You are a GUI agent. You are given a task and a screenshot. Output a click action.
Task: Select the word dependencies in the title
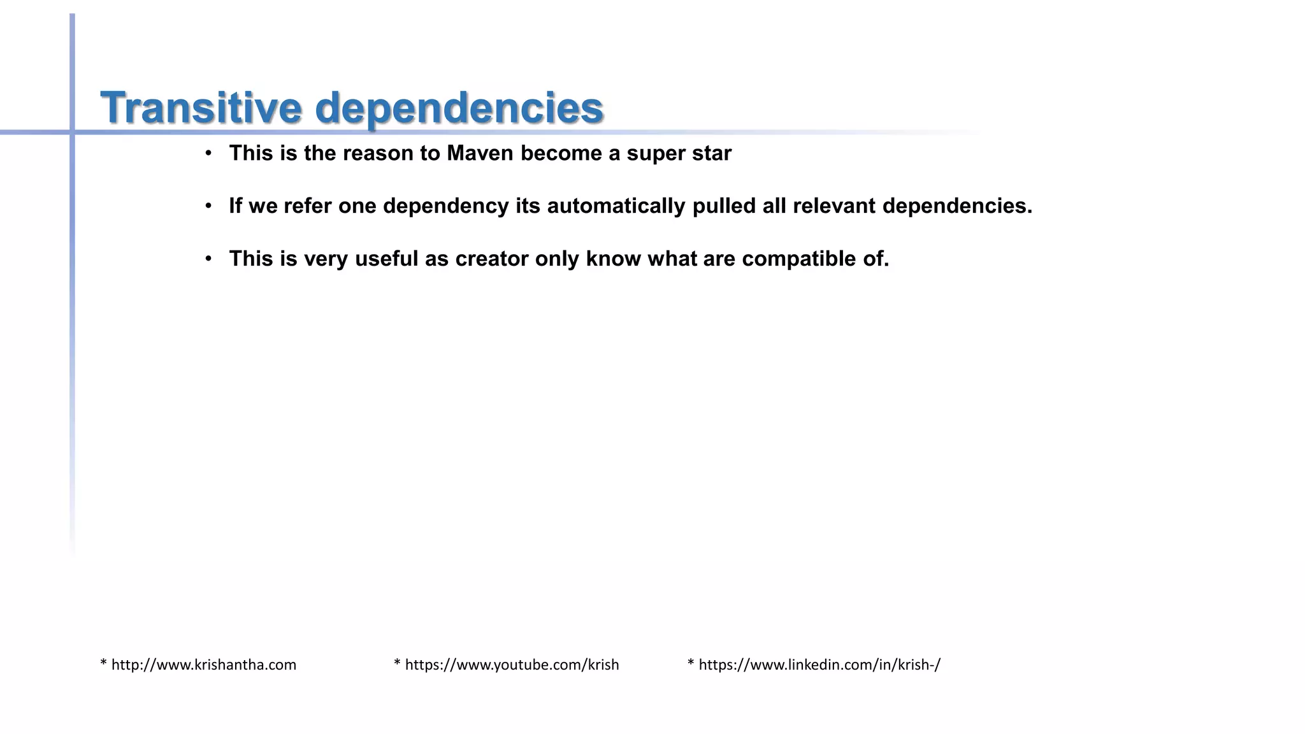pos(459,108)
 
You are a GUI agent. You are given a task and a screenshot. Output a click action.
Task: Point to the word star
pos(712,154)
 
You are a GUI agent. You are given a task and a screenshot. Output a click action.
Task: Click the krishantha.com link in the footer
pos(203,665)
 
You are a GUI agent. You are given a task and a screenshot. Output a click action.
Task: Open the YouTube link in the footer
pos(512,665)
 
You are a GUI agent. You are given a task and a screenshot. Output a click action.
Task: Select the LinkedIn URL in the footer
pos(819,665)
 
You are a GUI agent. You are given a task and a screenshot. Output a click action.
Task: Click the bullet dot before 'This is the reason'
pos(208,154)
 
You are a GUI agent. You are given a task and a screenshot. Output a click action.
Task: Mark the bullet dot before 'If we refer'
pos(208,206)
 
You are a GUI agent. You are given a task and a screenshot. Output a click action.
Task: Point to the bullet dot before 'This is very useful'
pos(208,259)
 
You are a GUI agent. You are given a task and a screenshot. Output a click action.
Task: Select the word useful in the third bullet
pos(386,259)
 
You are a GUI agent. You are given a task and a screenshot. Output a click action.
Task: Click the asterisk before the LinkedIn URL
pos(691,663)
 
